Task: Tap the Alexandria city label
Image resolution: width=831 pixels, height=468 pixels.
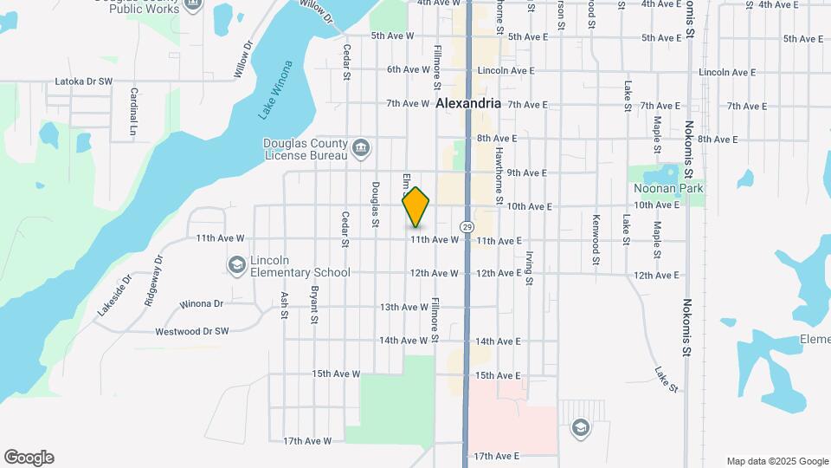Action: pos(468,103)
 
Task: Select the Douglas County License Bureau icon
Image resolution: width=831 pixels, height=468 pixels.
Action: pos(362,149)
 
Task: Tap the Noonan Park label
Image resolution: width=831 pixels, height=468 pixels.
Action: pos(667,188)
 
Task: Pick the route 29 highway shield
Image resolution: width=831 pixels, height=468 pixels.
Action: pos(467,226)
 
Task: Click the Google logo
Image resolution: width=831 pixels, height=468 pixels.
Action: pos(29,458)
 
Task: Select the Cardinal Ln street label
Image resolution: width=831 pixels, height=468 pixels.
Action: pos(133,112)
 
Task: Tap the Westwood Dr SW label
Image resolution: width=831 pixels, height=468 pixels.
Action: pos(192,331)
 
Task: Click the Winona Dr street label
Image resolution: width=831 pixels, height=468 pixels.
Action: pos(202,304)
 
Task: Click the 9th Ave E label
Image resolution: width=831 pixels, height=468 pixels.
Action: pos(526,172)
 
